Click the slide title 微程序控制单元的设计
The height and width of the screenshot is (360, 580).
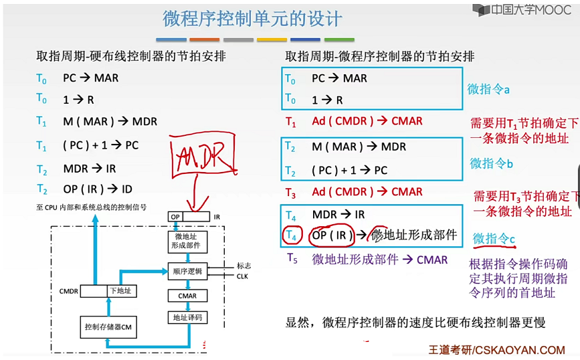(x=252, y=17)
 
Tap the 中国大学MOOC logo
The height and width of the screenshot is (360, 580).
(x=522, y=9)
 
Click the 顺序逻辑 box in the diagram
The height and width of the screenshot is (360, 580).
(x=187, y=270)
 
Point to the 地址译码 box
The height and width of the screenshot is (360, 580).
(x=187, y=317)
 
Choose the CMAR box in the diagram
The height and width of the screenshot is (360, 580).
(x=187, y=294)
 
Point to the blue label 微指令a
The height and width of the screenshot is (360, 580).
(x=488, y=89)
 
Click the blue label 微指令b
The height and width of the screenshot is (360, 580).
(x=491, y=163)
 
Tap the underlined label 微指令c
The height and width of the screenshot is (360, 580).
(x=494, y=238)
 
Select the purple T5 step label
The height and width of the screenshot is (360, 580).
(x=291, y=258)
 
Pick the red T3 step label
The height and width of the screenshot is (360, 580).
(x=291, y=192)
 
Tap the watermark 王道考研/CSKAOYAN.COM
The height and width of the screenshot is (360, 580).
(x=496, y=349)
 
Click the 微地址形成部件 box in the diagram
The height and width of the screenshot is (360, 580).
(x=187, y=242)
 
